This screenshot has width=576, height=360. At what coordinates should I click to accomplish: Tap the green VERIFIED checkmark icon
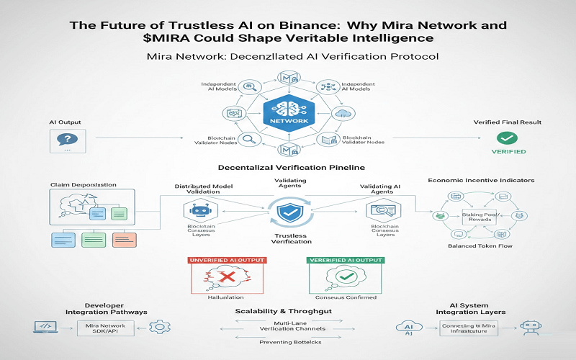[x=509, y=137]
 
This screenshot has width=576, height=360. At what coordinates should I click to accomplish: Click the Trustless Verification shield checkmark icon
[x=287, y=213]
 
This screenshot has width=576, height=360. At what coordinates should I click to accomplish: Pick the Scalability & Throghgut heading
[x=287, y=311]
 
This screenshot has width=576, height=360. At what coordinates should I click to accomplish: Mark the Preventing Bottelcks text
[x=287, y=342]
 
